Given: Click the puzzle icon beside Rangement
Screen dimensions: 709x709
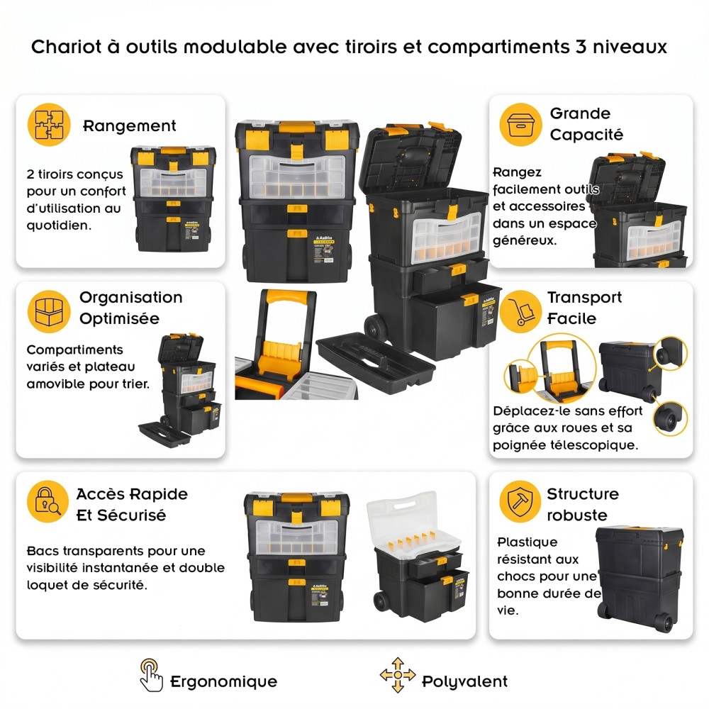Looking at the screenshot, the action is point(49,124).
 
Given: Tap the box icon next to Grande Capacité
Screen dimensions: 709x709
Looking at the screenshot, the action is point(520,124).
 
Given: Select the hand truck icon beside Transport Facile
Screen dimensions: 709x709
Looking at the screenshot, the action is point(520,311).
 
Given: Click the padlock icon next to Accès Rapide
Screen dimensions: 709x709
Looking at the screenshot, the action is point(48,501).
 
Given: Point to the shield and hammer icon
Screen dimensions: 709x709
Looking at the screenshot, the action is point(520,501).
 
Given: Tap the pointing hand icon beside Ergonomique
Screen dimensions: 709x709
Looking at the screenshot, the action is point(151,675).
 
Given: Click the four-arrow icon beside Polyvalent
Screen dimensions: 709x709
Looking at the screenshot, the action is point(398,675).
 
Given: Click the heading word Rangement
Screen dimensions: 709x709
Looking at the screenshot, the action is point(130,125).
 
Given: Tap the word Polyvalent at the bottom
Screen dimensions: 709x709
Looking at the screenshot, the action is point(465,681).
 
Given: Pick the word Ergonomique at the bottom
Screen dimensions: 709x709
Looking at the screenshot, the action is point(224,681).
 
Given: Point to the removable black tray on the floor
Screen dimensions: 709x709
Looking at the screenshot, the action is point(376,363).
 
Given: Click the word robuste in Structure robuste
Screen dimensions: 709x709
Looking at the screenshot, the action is point(577,515).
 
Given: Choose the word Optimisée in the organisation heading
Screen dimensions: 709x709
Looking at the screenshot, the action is point(119,318).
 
